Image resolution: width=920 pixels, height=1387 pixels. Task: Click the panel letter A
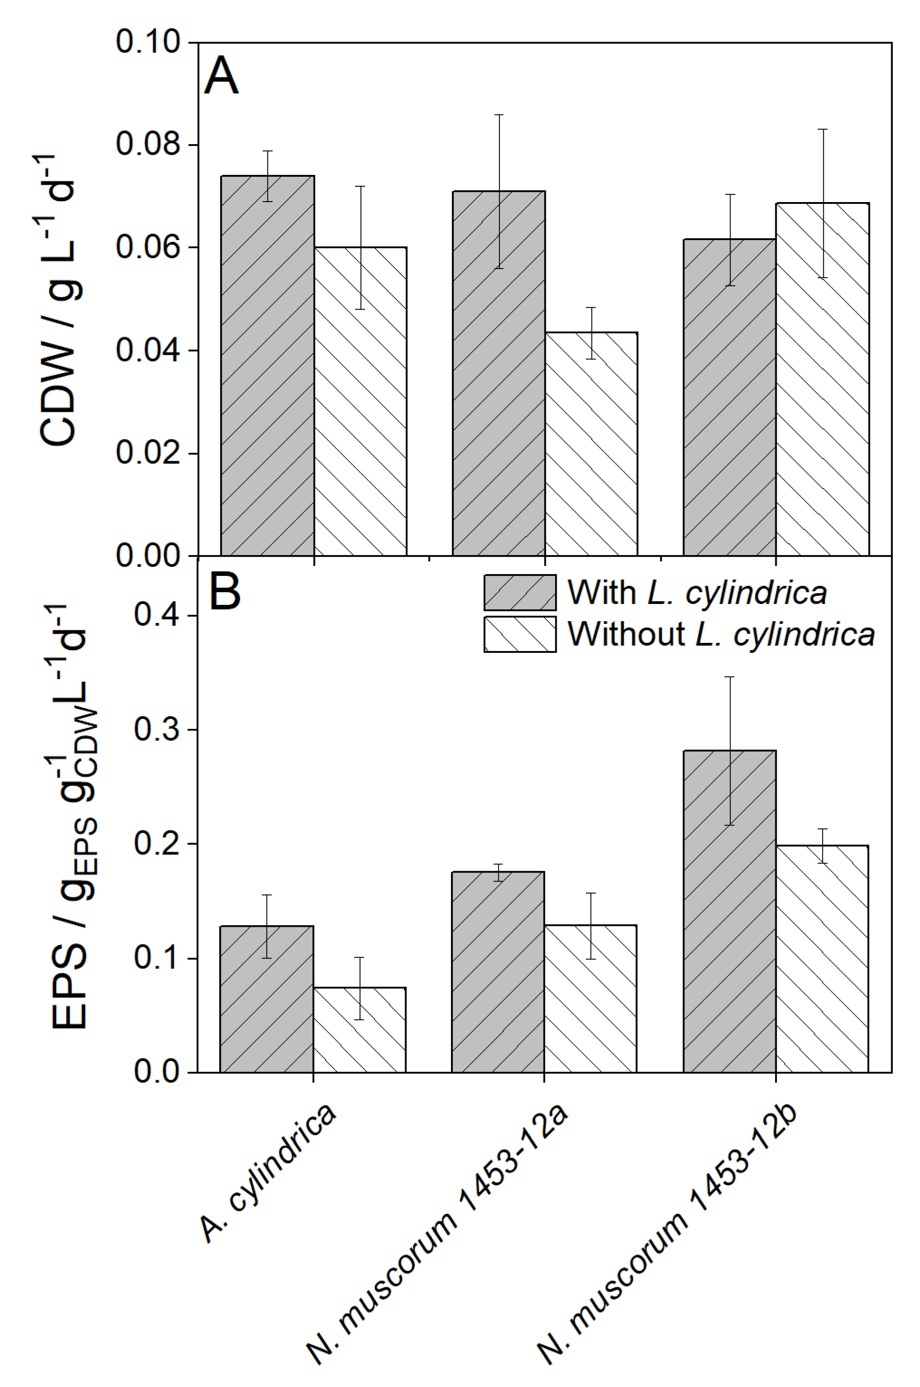click(x=221, y=76)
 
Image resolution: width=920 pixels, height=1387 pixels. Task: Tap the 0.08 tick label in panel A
click(x=148, y=144)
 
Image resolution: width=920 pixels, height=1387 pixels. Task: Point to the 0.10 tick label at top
click(x=148, y=42)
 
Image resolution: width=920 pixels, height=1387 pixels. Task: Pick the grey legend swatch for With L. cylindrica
click(x=520, y=592)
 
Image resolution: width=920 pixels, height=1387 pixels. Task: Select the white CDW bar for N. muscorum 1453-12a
click(x=592, y=446)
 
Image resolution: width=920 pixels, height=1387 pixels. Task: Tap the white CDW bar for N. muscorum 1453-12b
click(x=823, y=381)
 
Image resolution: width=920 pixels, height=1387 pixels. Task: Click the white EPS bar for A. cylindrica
click(x=360, y=1032)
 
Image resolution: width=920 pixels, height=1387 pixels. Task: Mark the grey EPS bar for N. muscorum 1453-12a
click(x=498, y=973)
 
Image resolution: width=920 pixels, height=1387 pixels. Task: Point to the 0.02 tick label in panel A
click(x=148, y=453)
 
